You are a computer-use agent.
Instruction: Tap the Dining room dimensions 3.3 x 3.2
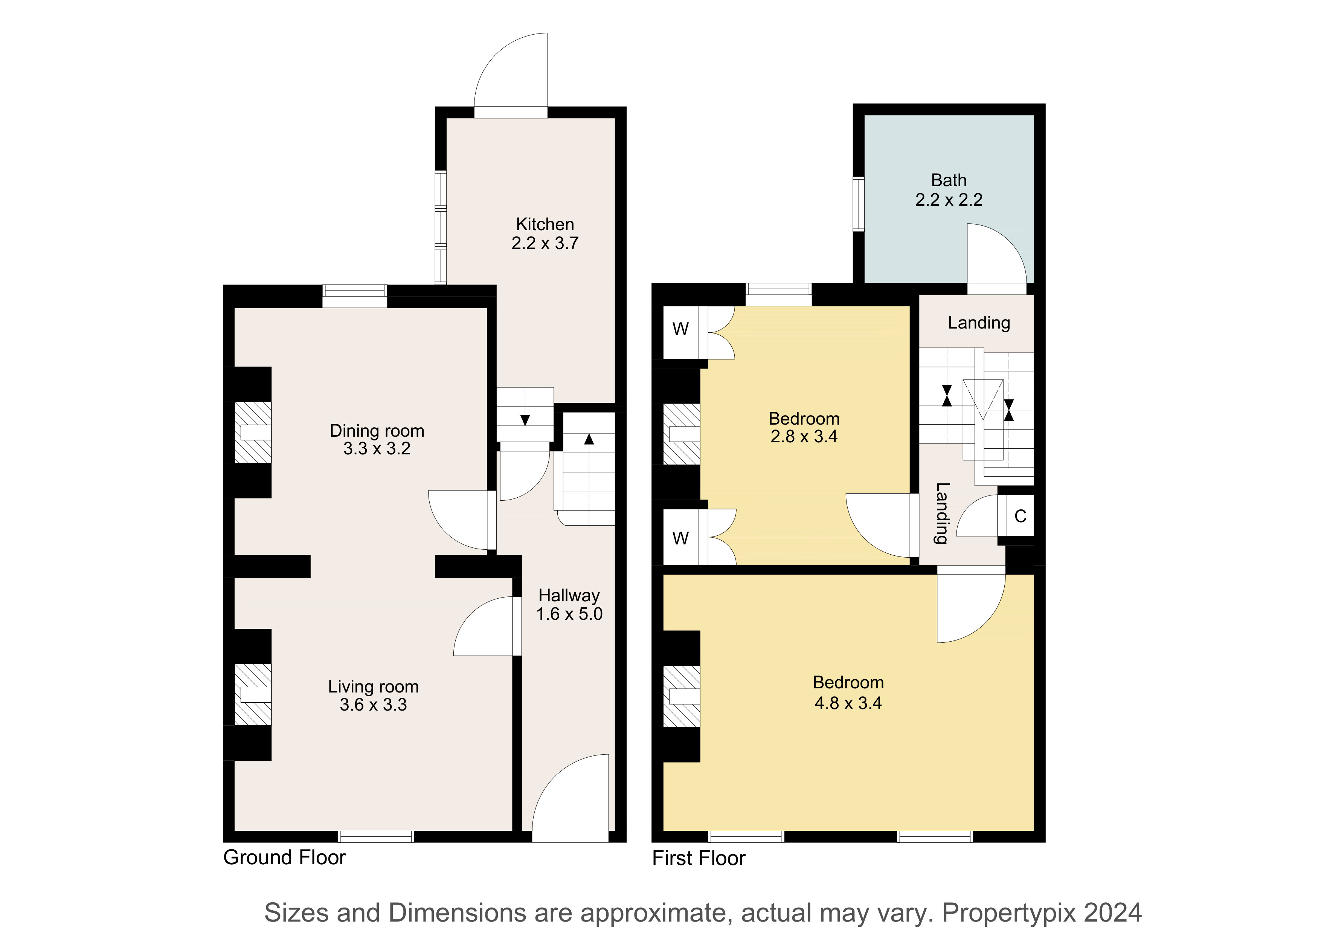tap(377, 448)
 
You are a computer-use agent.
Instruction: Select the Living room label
tap(374, 686)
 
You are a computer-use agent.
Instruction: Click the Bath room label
tap(949, 180)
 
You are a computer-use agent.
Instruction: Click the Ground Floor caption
tap(284, 858)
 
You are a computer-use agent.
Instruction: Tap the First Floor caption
tap(699, 858)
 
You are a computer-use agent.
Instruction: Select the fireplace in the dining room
tap(253, 432)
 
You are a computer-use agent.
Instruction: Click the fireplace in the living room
tap(253, 695)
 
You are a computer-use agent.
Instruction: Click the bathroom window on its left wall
tap(859, 204)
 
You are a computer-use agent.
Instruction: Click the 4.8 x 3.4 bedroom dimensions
tap(848, 703)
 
